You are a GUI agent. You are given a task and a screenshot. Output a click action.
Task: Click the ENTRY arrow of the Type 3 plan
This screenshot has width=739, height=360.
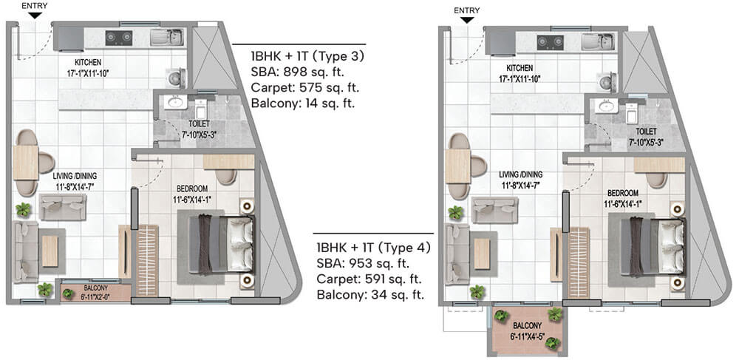tap(35, 16)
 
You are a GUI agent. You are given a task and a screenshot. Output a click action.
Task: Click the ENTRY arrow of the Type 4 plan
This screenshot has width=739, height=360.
tap(467, 20)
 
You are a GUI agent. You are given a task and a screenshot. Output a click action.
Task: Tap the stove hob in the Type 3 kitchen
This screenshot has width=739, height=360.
tap(119, 38)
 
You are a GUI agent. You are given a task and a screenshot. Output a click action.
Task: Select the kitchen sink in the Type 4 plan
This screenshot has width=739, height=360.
tap(598, 42)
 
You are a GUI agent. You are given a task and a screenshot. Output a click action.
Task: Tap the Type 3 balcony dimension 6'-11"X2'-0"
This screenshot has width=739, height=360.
tap(95, 296)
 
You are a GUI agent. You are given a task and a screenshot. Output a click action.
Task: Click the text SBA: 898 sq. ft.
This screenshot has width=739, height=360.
tap(298, 72)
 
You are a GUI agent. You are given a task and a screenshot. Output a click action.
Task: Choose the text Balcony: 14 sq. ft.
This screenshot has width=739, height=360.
tap(302, 103)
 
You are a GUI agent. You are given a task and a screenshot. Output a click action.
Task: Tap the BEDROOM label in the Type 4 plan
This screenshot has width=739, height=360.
tap(623, 193)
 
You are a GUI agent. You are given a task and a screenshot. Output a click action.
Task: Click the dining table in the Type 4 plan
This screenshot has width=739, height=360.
tap(457, 166)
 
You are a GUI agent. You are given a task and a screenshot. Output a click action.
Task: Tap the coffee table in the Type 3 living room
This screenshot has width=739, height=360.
tap(50, 251)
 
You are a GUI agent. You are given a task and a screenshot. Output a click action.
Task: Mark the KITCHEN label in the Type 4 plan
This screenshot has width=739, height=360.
tap(520, 68)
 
